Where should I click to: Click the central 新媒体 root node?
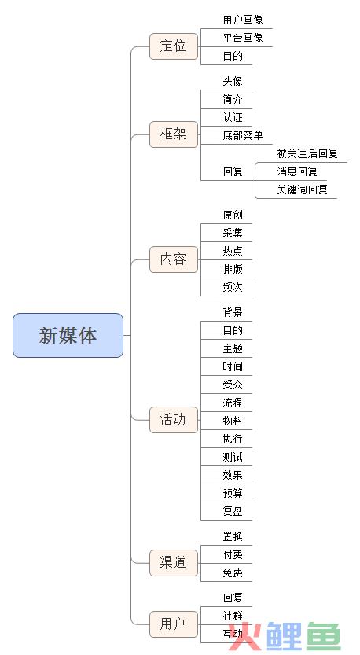click(68, 336)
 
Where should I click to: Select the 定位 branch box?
click(174, 46)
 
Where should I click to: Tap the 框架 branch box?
click(174, 134)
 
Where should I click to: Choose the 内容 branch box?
click(174, 259)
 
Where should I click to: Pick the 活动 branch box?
click(174, 419)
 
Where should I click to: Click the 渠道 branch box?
click(174, 563)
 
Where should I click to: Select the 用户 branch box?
click(174, 624)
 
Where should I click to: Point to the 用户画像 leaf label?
click(243, 20)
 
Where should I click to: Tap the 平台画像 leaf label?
click(243, 38)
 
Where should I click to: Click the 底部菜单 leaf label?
click(243, 135)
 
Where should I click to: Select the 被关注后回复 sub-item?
click(307, 153)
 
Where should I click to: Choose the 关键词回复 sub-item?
click(302, 190)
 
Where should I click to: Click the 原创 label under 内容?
click(233, 215)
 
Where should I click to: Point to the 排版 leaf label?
click(233, 269)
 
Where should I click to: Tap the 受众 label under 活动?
click(233, 385)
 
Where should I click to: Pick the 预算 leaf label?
click(233, 493)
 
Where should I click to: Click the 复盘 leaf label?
click(233, 511)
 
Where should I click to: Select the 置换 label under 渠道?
click(233, 536)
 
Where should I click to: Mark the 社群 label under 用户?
click(233, 616)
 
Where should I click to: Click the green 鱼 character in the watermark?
click(324, 637)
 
